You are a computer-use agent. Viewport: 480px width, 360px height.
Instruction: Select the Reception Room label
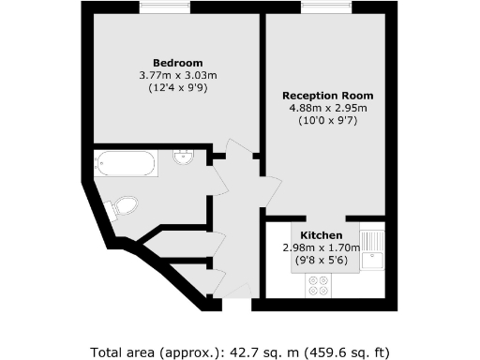328,96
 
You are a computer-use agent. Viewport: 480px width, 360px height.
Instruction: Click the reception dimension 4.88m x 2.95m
328,108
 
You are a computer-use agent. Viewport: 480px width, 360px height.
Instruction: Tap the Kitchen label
322,234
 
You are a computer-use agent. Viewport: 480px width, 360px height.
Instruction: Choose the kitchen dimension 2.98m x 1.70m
322,247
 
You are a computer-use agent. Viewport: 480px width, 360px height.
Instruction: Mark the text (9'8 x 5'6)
322,261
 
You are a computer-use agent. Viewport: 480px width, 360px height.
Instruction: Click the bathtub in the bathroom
125,165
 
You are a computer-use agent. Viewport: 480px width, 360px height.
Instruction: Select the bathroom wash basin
184,157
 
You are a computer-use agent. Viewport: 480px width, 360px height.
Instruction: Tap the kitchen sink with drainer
373,249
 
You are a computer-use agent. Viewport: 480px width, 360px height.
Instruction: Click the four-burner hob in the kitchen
318,285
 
